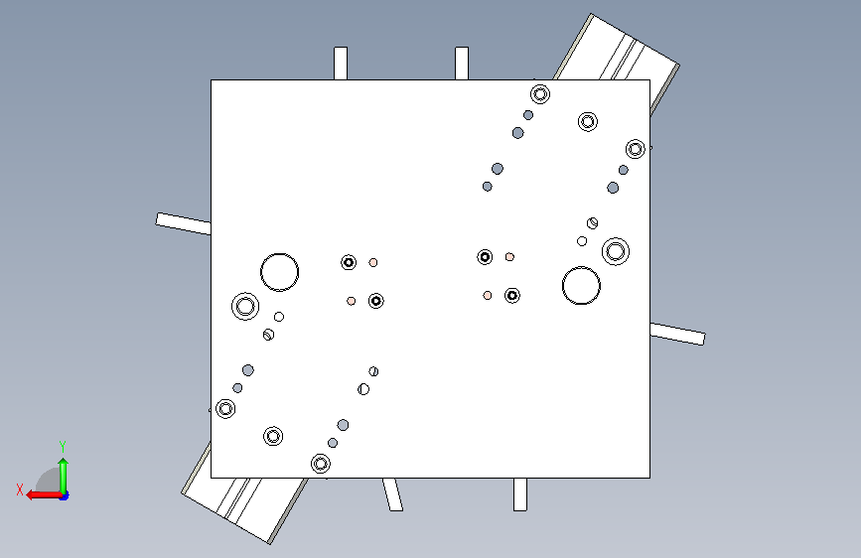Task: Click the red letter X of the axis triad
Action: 20,489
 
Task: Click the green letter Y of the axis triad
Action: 63,447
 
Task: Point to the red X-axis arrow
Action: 45,495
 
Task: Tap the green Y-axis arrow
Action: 64,476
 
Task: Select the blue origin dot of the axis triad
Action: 65,496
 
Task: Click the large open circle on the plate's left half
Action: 279,254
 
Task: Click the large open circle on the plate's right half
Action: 582,267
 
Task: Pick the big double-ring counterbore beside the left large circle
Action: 245,293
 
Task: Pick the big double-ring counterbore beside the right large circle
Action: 616,238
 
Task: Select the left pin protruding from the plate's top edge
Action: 341,64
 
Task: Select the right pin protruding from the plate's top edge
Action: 462,64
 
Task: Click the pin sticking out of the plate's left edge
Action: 184,223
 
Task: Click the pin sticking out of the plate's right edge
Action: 677,334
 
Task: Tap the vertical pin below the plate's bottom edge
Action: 520,494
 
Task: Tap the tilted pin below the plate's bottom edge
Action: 392,494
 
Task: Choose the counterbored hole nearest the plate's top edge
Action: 540,94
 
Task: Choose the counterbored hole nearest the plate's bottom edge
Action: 321,464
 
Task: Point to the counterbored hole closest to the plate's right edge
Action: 636,149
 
